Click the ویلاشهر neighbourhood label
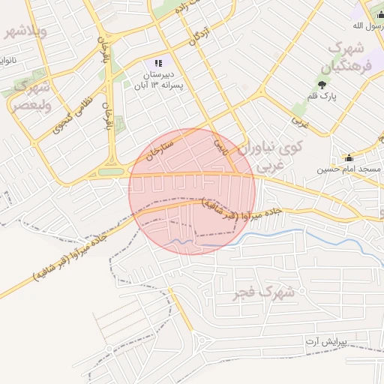coord(26,31)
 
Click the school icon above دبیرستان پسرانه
coord(157,64)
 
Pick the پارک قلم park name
coord(322,96)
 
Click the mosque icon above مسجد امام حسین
coord(349,157)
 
